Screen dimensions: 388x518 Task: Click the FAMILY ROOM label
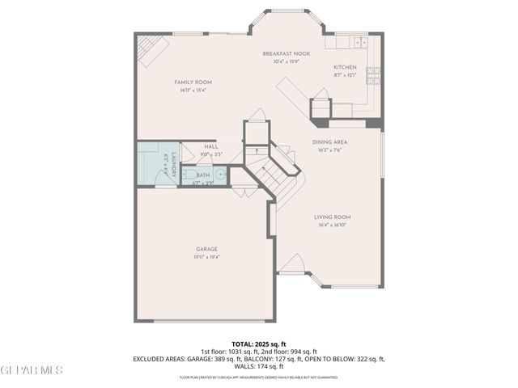click(193, 82)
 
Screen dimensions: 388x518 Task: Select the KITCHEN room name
click(346, 67)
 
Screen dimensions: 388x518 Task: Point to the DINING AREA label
click(329, 142)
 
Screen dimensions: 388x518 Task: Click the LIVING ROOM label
click(332, 217)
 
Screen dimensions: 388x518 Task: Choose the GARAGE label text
click(206, 249)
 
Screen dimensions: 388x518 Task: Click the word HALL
click(189, 147)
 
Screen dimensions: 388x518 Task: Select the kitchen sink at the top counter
click(357, 41)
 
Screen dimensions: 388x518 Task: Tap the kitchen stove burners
click(373, 75)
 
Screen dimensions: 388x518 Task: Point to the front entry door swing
click(295, 265)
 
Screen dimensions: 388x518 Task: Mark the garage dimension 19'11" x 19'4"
click(206, 257)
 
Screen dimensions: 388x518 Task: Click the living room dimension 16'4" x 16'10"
click(332, 225)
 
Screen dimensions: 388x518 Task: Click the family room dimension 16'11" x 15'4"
click(193, 91)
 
